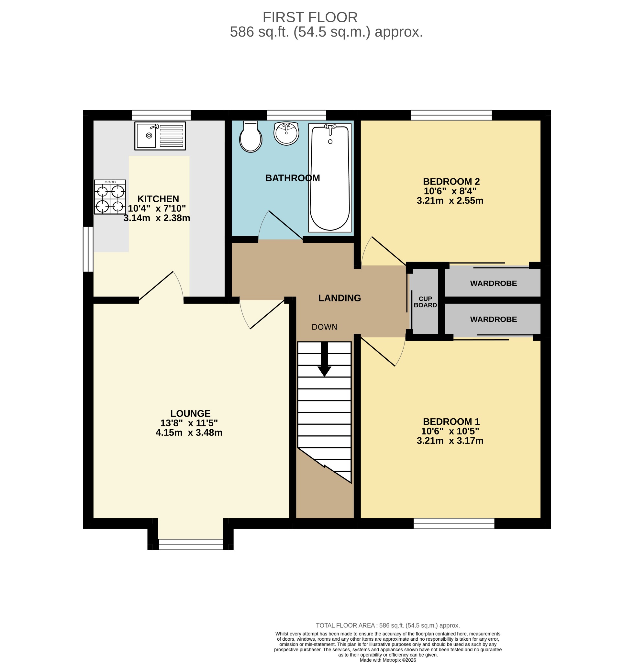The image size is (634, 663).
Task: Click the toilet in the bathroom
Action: click(x=250, y=137)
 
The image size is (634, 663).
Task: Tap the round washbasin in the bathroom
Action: click(x=286, y=134)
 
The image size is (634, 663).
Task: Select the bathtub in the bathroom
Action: click(x=330, y=178)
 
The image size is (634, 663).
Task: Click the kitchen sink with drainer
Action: click(x=160, y=136)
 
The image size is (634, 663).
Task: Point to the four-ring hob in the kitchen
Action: click(x=110, y=197)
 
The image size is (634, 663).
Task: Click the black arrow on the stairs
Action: click(x=324, y=359)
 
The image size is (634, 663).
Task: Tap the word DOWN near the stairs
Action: click(x=324, y=327)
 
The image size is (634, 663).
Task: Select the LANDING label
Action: click(x=339, y=298)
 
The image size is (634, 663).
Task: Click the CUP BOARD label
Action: click(x=425, y=302)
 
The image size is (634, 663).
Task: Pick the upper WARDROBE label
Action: click(x=494, y=283)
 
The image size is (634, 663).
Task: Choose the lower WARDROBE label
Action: click(x=494, y=319)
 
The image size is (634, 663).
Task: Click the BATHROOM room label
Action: click(x=293, y=178)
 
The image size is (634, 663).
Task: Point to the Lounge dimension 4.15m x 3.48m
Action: click(x=189, y=433)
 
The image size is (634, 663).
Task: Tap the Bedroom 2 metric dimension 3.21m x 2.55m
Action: click(x=450, y=200)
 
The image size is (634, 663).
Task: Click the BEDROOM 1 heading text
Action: click(x=451, y=421)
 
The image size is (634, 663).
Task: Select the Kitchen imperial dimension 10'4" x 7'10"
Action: click(x=157, y=208)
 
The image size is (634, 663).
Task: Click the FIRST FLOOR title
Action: click(x=310, y=17)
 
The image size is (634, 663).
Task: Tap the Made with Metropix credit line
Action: click(x=388, y=660)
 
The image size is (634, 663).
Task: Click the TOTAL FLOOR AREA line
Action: click(x=388, y=625)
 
